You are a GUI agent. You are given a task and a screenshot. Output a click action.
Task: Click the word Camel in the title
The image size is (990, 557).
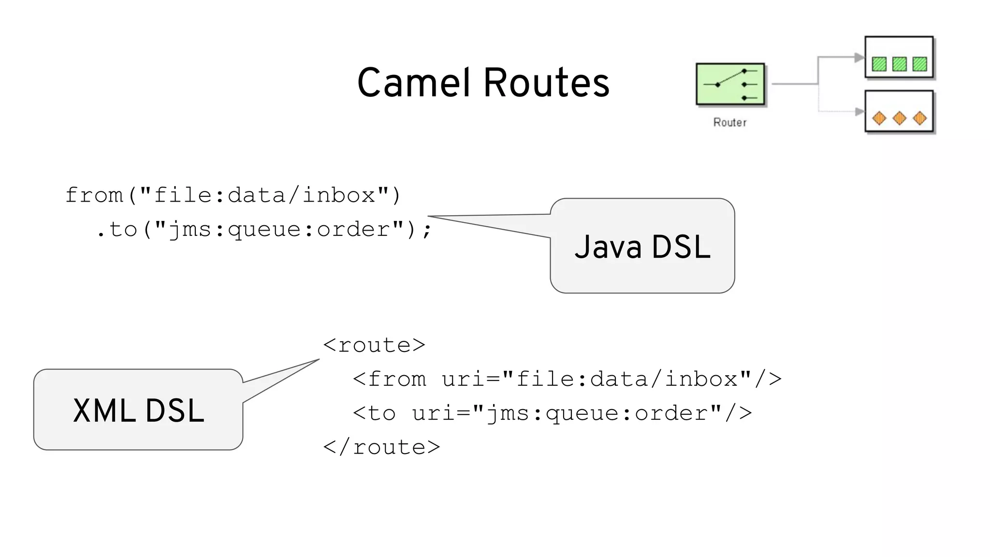pyautogui.click(x=414, y=83)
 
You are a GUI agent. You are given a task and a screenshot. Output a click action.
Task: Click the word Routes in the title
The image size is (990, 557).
pyautogui.click(x=546, y=83)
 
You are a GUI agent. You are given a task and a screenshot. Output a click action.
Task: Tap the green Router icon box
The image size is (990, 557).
pyautogui.click(x=730, y=84)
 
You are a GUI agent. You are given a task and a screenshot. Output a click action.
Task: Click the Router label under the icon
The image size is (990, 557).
pyautogui.click(x=730, y=122)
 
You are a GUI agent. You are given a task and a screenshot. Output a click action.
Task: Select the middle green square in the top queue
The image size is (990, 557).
pyautogui.click(x=899, y=64)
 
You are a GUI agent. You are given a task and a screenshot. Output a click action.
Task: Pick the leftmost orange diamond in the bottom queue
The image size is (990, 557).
pyautogui.click(x=879, y=118)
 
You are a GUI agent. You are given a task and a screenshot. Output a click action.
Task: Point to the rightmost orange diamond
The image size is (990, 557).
pyautogui.click(x=919, y=118)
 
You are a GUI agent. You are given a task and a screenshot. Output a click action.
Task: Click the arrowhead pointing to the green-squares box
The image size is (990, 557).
pyautogui.click(x=859, y=58)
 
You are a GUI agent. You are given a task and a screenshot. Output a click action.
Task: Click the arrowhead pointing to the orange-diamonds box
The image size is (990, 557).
pyautogui.click(x=859, y=112)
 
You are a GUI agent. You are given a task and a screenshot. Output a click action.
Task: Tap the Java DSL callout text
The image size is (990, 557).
pyautogui.click(x=642, y=247)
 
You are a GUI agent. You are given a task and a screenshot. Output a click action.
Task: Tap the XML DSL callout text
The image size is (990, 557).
pyautogui.click(x=139, y=411)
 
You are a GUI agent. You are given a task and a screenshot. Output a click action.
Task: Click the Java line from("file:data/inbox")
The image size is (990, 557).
pyautogui.click(x=233, y=195)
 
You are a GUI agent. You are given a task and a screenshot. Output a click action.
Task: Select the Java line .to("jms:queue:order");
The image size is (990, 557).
pyautogui.click(x=263, y=230)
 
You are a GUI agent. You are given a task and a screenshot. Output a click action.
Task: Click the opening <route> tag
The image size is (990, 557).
pyautogui.click(x=374, y=345)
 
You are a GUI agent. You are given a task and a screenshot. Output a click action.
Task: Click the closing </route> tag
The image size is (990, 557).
pyautogui.click(x=381, y=447)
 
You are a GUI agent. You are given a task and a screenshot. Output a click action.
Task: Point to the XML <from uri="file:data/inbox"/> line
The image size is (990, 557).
pyautogui.click(x=567, y=379)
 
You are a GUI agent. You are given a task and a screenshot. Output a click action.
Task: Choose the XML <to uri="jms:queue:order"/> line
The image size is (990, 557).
pyautogui.click(x=552, y=413)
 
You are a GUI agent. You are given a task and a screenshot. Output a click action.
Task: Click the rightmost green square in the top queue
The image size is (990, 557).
pyautogui.click(x=919, y=64)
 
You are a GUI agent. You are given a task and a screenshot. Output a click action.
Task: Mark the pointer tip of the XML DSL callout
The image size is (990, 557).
pyautogui.click(x=319, y=360)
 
